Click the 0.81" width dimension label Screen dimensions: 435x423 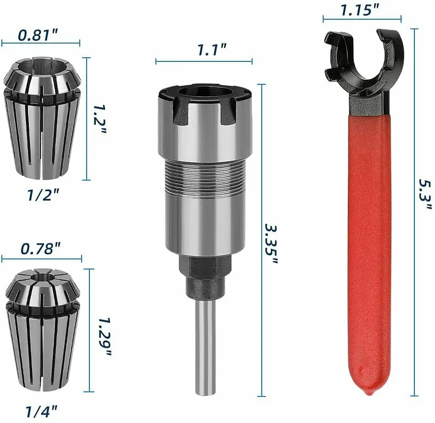(38, 35)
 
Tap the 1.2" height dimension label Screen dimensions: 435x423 (99, 119)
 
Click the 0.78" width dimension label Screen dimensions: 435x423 (40, 248)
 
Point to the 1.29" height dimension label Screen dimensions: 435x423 (105, 337)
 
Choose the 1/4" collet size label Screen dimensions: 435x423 (41, 411)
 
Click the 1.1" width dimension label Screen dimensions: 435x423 (212, 49)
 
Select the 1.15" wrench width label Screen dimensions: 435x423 (359, 10)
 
